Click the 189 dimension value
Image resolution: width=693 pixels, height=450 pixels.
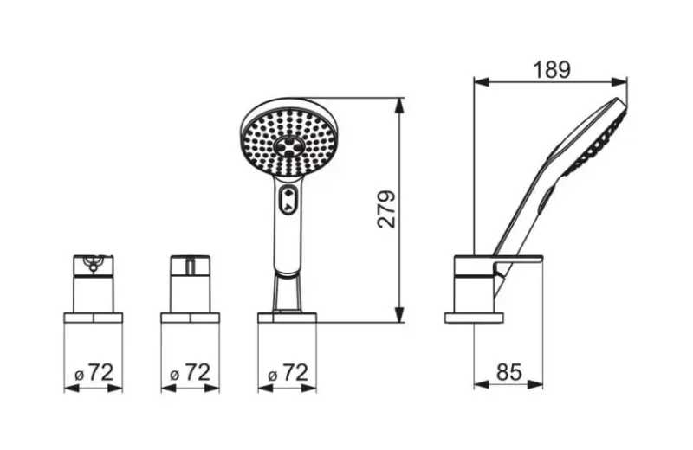coord(552,69)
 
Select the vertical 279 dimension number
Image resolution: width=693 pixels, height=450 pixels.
coord(387,209)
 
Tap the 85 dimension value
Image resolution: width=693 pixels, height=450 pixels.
coord(508,372)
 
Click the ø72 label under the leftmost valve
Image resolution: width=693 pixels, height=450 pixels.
coord(94,373)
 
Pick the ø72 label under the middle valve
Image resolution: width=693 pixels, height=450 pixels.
coord(191,373)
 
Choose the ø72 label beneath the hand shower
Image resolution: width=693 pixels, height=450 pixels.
coord(288,373)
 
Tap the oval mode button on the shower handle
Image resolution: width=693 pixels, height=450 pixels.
coord(288,200)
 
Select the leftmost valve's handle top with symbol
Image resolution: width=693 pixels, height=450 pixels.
coord(94,264)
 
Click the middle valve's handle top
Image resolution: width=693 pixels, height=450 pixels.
coord(191,264)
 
